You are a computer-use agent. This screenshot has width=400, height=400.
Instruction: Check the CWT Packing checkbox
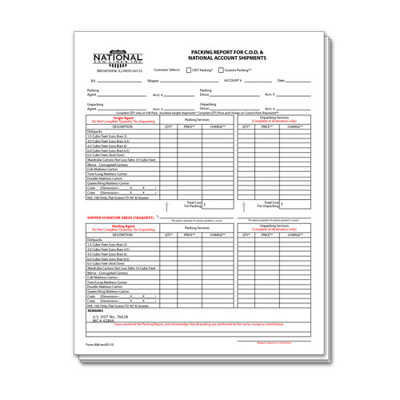(x=190, y=70)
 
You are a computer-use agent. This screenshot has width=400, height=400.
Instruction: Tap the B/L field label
(x=92, y=82)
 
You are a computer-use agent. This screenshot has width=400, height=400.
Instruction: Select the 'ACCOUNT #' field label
(x=233, y=82)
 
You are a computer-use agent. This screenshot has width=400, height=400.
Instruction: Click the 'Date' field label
(x=281, y=82)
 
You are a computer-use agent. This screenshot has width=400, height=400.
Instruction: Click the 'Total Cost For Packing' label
(x=194, y=204)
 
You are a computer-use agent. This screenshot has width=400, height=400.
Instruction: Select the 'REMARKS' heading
(x=95, y=310)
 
